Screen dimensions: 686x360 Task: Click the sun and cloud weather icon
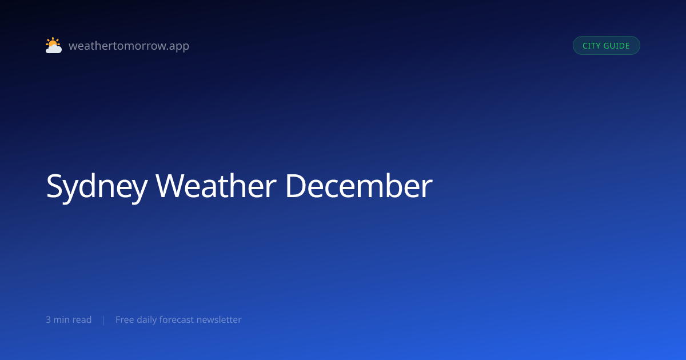coord(54,45)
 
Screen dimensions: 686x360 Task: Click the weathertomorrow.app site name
coord(129,46)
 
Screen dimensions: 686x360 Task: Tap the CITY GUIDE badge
coord(607,46)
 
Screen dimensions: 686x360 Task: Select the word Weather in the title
coord(216,186)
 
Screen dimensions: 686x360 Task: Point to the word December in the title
coord(359,186)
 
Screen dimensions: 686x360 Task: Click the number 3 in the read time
coord(49,320)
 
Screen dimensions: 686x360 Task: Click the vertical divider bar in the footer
coord(104,320)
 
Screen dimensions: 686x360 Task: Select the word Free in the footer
coord(125,320)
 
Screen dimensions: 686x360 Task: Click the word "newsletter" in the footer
coord(219,320)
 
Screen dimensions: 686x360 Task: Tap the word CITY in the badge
coord(591,46)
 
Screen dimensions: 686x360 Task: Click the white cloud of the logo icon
coord(54,49)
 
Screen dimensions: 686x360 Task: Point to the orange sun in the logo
coord(53,42)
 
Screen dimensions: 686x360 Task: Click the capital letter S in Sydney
coord(54,186)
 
